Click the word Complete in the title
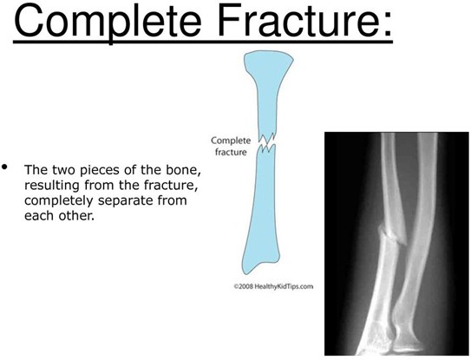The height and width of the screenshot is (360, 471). click(x=108, y=22)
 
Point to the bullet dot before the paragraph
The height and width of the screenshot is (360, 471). click(x=4, y=167)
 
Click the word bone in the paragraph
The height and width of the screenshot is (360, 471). click(x=183, y=170)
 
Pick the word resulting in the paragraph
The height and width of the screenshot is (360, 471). click(x=52, y=186)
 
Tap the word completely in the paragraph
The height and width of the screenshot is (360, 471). click(x=60, y=200)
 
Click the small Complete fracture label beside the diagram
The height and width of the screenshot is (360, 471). click(x=231, y=146)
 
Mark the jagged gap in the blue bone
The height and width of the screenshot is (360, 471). click(x=267, y=142)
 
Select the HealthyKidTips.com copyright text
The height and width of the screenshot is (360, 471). click(x=273, y=286)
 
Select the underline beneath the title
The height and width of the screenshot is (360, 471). click(x=203, y=41)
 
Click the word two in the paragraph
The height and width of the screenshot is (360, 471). click(x=65, y=170)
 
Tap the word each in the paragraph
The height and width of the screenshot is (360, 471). click(x=39, y=215)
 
